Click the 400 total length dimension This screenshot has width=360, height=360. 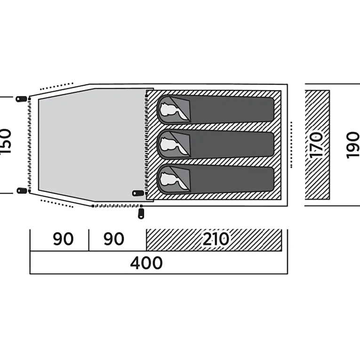pos(146,263)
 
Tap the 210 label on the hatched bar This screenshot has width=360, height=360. pos(216,239)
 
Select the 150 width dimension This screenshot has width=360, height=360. pos(6,141)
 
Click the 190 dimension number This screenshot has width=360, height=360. pos(353,145)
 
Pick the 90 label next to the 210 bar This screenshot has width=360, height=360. pos(114,239)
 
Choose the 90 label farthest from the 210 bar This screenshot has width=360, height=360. pos(63,239)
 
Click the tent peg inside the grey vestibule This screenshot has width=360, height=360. pos(138,193)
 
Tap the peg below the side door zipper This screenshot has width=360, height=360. pos(141,214)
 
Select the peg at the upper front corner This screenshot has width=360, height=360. pos(21,99)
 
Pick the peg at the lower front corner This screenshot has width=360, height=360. pos(22,190)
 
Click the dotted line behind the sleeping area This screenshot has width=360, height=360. pos(291,144)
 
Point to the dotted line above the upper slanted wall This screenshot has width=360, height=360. pos(56,86)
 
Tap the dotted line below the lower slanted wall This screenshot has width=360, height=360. pos(57,204)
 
